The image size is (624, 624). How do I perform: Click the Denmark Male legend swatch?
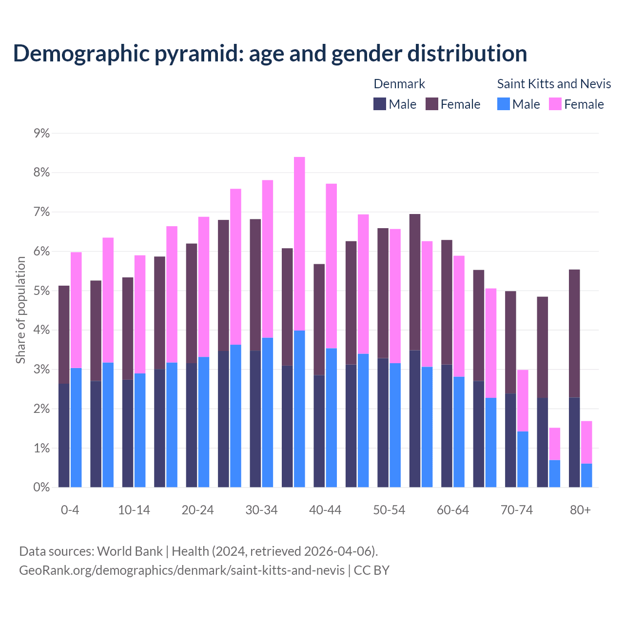coord(380,104)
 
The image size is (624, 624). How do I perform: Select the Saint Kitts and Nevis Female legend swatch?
coord(555,104)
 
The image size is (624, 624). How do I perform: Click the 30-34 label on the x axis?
coord(261,510)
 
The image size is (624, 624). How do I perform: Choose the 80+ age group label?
coord(580,510)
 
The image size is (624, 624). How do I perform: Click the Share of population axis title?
coord(20,310)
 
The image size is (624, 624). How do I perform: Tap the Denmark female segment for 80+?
coord(574,333)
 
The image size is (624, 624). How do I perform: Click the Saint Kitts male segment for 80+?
coord(586,475)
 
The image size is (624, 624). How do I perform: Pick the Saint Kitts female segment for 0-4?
coord(76,310)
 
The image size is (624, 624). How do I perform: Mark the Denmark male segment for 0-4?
coord(64,435)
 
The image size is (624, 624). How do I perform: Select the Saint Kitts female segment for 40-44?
coord(331,266)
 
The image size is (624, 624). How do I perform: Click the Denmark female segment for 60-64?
coord(447,302)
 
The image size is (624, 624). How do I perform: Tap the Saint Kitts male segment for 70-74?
coord(523,459)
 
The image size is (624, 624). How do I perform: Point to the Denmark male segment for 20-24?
coord(192,425)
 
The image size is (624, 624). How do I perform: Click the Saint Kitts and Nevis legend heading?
coord(554,84)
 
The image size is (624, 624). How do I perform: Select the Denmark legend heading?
coord(399,84)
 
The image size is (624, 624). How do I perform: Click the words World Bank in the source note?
coord(130,551)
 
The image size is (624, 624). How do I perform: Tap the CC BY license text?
coord(371,570)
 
